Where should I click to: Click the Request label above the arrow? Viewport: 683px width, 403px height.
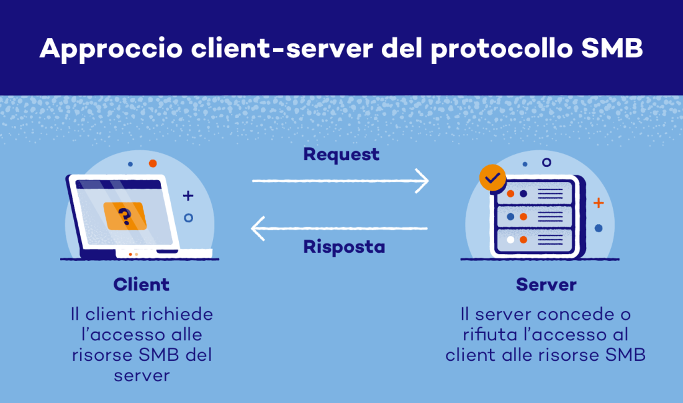pos(341,154)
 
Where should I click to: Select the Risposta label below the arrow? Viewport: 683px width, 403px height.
pos(344,247)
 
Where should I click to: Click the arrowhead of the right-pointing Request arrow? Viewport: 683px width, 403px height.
pos(423,181)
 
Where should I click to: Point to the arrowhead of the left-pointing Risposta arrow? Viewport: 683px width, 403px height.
pos(258,229)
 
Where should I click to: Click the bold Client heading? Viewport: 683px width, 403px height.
pos(141,284)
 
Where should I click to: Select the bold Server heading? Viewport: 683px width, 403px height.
pos(546,284)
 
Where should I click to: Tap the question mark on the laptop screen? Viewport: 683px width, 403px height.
pos(125,216)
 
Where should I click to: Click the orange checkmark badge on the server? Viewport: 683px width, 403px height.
pos(493,178)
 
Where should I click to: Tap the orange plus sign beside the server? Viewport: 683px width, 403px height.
pos(599,203)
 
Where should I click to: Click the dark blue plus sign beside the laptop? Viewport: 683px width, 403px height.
pos(188,196)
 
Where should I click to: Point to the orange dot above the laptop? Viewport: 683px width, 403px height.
pos(152,163)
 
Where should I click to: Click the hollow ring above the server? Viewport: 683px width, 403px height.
pos(546,162)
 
